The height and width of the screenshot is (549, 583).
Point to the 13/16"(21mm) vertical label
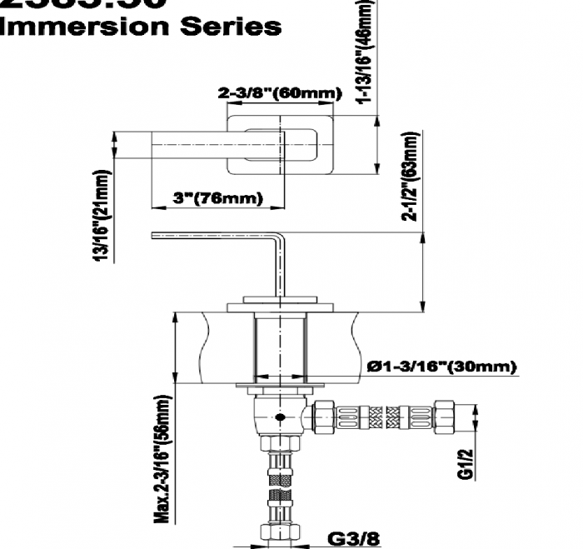tap(102, 215)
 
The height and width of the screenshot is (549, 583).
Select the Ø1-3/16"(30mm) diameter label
tap(441, 367)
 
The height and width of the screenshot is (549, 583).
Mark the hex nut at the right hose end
tap(446, 414)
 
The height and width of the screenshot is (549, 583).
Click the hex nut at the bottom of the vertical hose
tap(280, 531)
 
